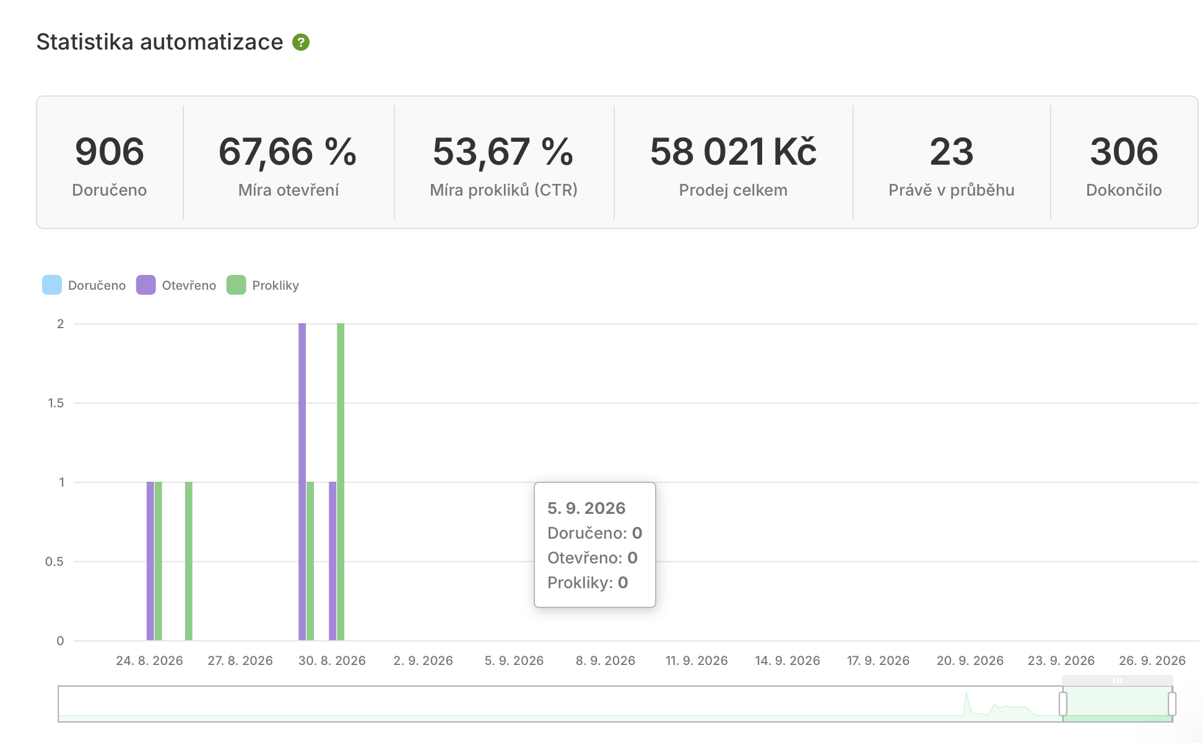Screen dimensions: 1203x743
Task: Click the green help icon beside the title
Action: click(x=301, y=42)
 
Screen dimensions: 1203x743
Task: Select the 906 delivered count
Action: click(x=110, y=152)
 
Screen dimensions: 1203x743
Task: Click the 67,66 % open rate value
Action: click(x=288, y=152)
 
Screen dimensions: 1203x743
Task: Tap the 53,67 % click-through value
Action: click(x=503, y=152)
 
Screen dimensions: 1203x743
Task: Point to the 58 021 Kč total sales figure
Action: click(x=733, y=152)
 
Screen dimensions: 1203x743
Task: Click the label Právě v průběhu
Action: click(x=951, y=190)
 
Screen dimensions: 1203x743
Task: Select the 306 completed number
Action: click(x=1124, y=152)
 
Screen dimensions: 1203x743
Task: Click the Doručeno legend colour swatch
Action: click(x=52, y=285)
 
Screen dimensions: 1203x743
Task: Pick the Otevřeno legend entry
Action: click(x=176, y=285)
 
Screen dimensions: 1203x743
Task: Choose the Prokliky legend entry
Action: click(x=263, y=285)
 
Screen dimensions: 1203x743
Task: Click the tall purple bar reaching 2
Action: click(x=302, y=482)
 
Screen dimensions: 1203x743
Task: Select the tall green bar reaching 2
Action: click(x=341, y=482)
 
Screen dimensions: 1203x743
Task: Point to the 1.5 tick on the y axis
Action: click(x=56, y=403)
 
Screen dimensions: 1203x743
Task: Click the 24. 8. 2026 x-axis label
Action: click(x=149, y=661)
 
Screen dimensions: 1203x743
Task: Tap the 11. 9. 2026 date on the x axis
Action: click(x=697, y=661)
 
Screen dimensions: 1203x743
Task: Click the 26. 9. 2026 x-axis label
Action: click(x=1152, y=661)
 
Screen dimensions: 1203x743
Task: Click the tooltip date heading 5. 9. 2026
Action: click(x=586, y=508)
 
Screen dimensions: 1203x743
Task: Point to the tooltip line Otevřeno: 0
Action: click(x=593, y=558)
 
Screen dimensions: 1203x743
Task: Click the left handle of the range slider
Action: click(x=1063, y=704)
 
